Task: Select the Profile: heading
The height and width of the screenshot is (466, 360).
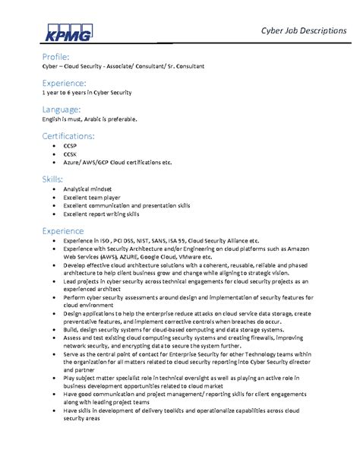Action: coord(56,56)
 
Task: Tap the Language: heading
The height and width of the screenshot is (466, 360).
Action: coord(63,109)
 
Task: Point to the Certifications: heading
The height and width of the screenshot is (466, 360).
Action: coord(68,135)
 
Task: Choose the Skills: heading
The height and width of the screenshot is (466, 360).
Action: coord(53,178)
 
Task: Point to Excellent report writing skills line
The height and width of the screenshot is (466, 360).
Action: coord(103,214)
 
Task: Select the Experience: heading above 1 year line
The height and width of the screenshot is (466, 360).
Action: coord(64,82)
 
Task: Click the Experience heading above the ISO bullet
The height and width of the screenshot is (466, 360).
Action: coord(63,229)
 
